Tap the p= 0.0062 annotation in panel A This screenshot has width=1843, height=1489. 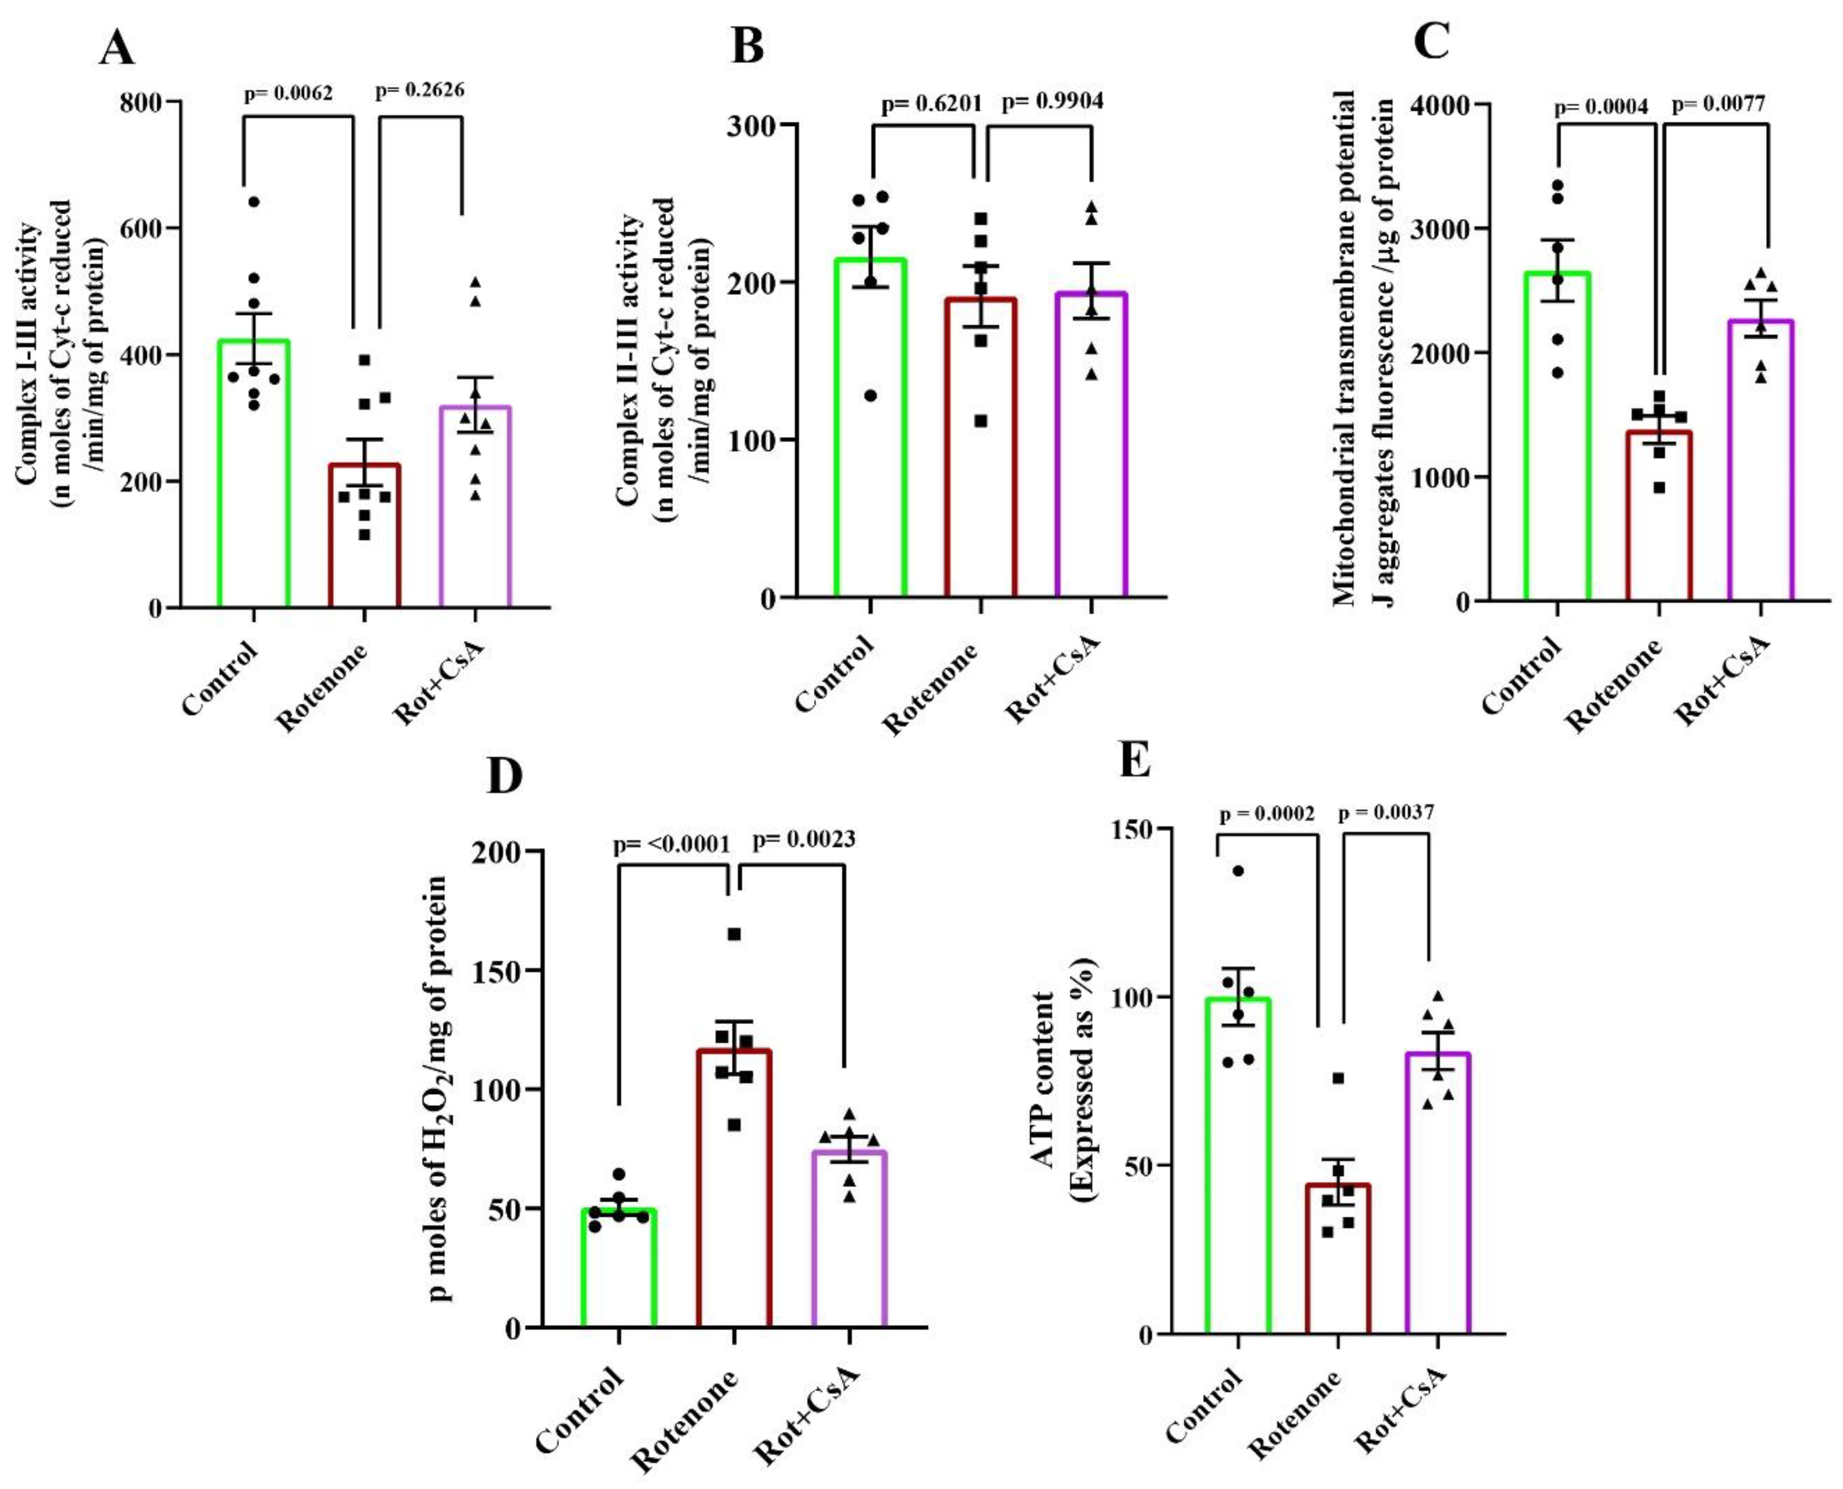[288, 93]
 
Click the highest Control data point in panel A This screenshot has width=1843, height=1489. [253, 202]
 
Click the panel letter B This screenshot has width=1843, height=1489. [747, 47]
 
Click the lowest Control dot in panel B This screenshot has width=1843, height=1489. [871, 395]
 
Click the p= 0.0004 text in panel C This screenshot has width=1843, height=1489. [1601, 107]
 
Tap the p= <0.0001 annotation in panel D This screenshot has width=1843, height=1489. [671, 845]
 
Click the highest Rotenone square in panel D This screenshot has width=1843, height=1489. [734, 934]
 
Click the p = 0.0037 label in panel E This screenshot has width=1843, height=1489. [1385, 812]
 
